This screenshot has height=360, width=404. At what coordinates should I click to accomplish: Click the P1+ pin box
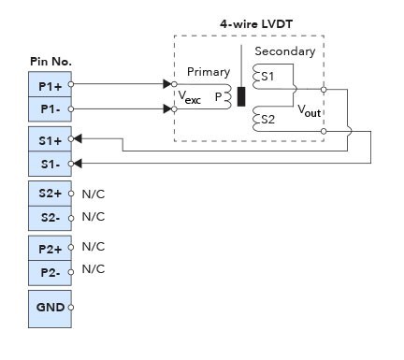pos(50,84)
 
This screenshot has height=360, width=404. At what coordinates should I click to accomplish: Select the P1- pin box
pos(50,108)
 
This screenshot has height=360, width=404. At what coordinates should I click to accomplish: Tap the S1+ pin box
pos(50,140)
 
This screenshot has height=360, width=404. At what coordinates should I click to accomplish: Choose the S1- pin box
pos(50,164)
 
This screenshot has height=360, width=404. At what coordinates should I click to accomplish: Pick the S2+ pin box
pos(50,194)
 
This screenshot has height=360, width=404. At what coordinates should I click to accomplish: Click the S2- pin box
pos(50,217)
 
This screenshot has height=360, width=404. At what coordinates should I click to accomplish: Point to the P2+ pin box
pos(50,249)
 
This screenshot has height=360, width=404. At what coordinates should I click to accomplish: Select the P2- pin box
pos(50,271)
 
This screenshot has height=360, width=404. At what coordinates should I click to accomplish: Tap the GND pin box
pos(50,308)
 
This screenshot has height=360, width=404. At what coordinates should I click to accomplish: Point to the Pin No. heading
pos(51,62)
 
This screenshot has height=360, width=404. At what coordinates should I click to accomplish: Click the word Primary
pos(208,72)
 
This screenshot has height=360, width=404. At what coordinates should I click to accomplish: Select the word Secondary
pos(284,52)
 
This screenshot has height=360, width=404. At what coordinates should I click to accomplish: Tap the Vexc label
pos(190,98)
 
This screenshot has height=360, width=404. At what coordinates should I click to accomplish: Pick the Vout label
pos(310,110)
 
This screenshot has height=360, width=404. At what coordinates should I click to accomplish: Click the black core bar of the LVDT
pos(241,96)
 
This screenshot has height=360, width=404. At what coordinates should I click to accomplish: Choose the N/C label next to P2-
pos(94,269)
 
